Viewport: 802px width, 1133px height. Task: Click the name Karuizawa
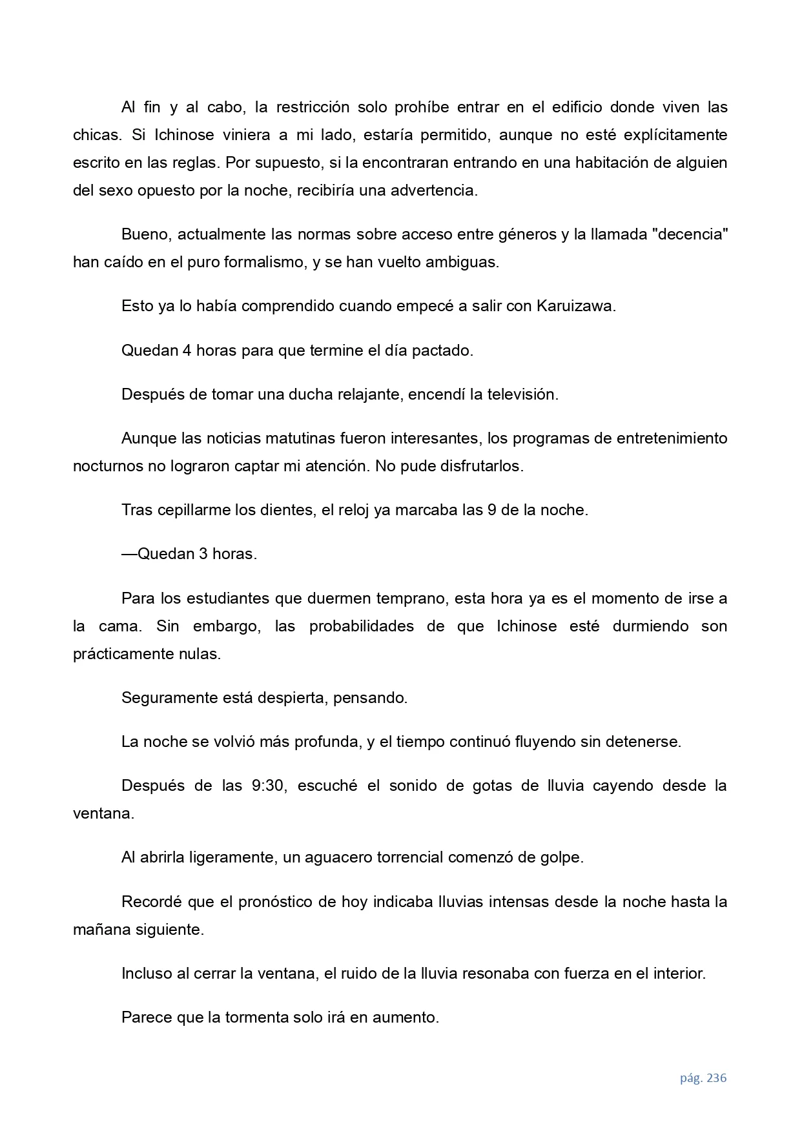pos(575,306)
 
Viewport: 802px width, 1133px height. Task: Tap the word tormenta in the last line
pos(256,1017)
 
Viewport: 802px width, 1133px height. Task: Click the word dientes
pos(284,510)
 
